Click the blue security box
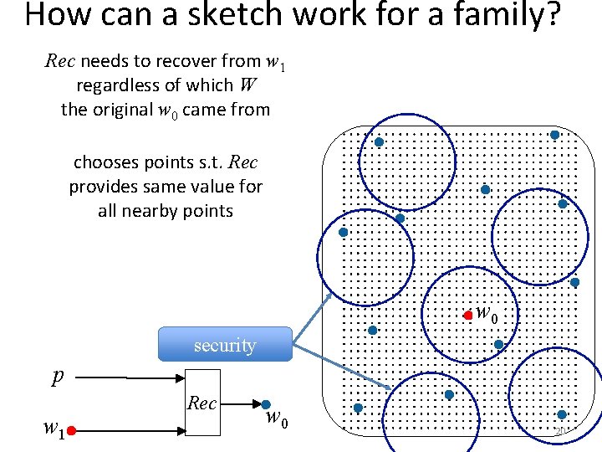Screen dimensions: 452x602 (225, 344)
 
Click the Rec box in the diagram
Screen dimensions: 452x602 (202, 403)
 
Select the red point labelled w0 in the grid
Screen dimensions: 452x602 (468, 316)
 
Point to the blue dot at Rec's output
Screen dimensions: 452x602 (265, 405)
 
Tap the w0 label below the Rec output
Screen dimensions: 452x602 (277, 419)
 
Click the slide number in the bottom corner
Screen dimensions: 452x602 (560, 431)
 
